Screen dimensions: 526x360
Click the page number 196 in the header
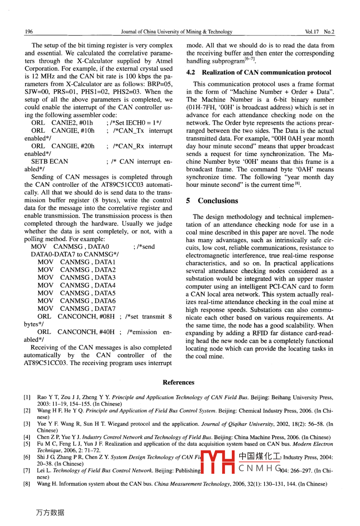click(29, 32)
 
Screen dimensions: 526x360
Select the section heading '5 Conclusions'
click(212, 201)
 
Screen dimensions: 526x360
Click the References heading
click(178, 383)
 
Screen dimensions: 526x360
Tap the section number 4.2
click(191, 73)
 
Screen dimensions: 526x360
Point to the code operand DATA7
click(105, 308)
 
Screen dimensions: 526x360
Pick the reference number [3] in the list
click(27, 424)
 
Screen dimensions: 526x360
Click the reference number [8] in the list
click(27, 484)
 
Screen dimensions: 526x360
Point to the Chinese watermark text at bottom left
click(50, 513)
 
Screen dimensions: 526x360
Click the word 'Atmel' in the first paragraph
click(164, 61)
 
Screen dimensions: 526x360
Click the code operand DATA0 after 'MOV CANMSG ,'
click(99, 247)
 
